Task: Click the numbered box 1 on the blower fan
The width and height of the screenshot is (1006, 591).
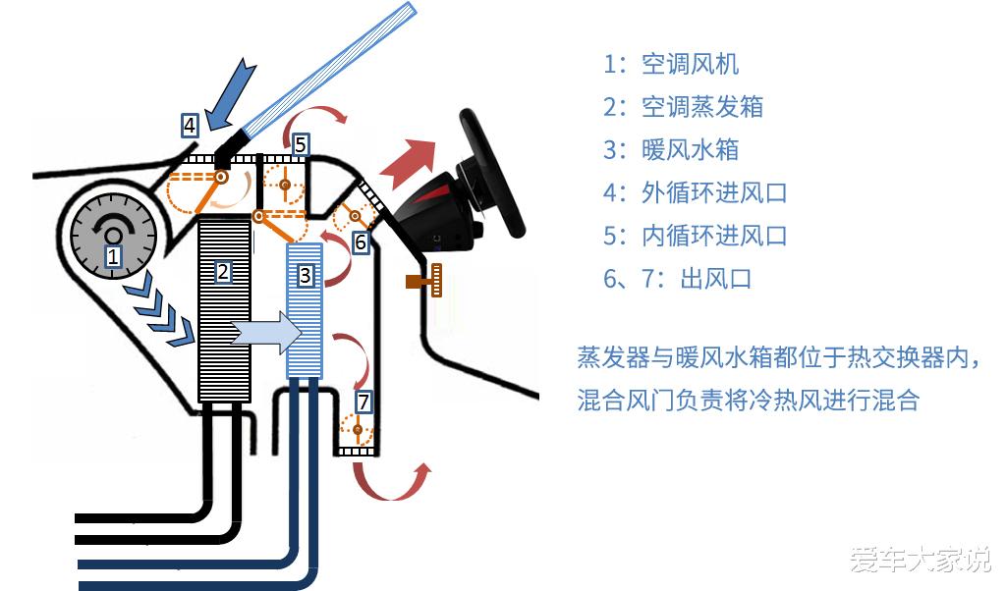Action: (x=113, y=256)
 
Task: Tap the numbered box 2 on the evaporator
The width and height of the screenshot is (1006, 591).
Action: (x=223, y=272)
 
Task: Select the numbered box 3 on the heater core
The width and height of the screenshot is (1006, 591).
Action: (x=306, y=276)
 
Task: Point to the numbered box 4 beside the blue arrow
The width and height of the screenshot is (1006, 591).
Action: (x=190, y=125)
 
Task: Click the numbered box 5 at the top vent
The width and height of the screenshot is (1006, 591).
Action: (x=301, y=145)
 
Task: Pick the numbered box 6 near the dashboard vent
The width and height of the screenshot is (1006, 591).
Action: (x=361, y=242)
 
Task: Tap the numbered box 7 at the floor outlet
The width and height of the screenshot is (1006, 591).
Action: (x=363, y=402)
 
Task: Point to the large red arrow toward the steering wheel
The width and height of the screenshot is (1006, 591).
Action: (x=408, y=163)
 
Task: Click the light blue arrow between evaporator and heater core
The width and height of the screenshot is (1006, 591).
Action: (x=265, y=333)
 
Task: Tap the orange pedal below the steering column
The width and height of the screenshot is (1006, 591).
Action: (x=424, y=280)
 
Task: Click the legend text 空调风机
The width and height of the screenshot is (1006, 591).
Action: (x=691, y=64)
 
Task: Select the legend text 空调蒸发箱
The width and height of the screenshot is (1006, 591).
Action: (x=702, y=106)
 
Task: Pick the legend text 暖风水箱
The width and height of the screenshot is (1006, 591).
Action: (x=691, y=149)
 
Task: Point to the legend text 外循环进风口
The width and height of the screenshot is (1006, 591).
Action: (x=714, y=192)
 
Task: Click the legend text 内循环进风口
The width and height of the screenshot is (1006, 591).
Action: (x=714, y=236)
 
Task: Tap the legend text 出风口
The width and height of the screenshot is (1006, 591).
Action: (x=715, y=279)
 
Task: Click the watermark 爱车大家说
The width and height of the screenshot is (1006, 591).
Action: (x=920, y=559)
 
